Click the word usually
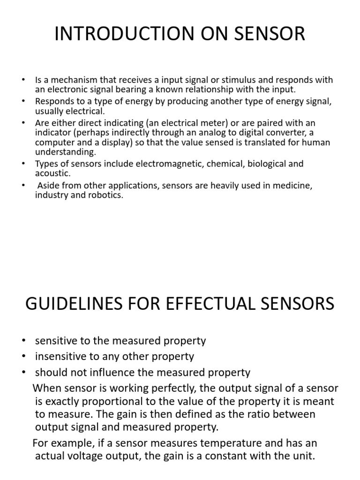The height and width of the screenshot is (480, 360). (49, 111)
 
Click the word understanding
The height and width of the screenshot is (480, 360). (65, 152)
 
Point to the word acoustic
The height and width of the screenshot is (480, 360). (52, 173)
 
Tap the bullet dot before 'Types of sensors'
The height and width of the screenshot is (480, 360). (23, 164)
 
